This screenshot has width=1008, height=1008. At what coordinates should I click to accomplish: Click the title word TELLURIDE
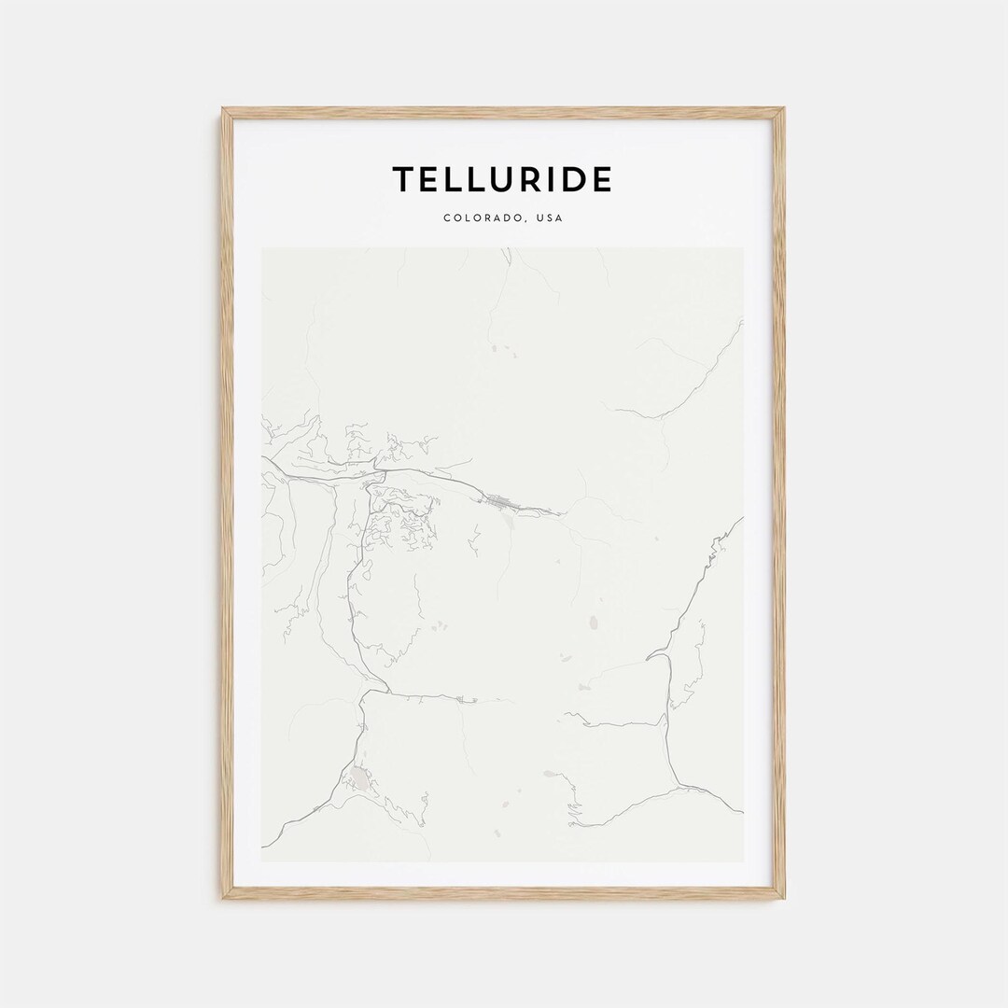point(502,179)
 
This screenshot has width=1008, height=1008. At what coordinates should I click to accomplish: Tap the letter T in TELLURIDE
point(402,179)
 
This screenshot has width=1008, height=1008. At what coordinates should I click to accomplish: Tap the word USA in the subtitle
point(549,218)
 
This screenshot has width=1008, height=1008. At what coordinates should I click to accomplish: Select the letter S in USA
point(549,218)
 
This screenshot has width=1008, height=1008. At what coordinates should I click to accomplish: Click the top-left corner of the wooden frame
point(223,109)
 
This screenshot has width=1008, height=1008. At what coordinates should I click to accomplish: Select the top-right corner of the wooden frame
point(783,109)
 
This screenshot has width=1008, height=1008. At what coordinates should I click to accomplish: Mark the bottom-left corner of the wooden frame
point(223,898)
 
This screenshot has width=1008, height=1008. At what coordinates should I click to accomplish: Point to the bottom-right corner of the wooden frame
point(783,898)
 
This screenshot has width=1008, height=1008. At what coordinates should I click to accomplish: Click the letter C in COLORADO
point(447,218)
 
